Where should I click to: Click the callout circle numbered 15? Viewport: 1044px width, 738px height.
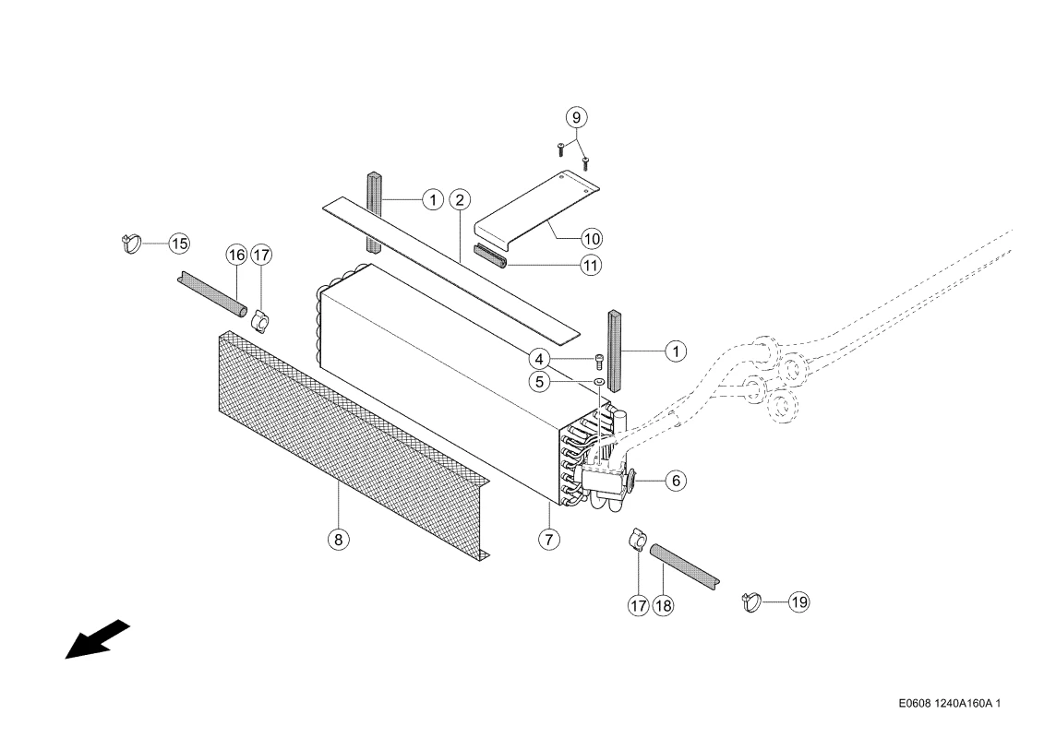(x=178, y=244)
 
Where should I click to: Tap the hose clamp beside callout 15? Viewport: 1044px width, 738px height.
(x=131, y=243)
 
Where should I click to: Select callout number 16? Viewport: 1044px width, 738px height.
(x=236, y=255)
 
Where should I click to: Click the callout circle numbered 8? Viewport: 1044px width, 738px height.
(x=338, y=539)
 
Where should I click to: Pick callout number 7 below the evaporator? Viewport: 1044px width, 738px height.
(x=548, y=539)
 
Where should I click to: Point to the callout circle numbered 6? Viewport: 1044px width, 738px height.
(x=676, y=480)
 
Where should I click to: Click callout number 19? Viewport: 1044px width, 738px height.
(x=799, y=601)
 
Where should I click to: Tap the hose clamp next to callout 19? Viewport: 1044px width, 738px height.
(x=751, y=601)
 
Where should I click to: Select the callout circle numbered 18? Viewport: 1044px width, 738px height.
(x=663, y=605)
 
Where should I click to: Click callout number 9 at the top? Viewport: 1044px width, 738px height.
(x=577, y=117)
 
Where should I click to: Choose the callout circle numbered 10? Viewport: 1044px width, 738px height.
(x=592, y=238)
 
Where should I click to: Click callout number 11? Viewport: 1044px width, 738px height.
(x=591, y=266)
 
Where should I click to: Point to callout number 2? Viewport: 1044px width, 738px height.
(x=460, y=199)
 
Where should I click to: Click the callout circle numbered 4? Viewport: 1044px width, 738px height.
(x=539, y=360)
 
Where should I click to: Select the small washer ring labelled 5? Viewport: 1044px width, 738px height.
(x=598, y=381)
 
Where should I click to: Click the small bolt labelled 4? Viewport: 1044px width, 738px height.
(x=598, y=362)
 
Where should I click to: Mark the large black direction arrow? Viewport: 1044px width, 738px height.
(x=97, y=639)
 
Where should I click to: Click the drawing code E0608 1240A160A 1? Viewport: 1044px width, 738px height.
(x=950, y=703)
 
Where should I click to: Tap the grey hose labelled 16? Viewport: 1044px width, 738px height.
(x=212, y=293)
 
